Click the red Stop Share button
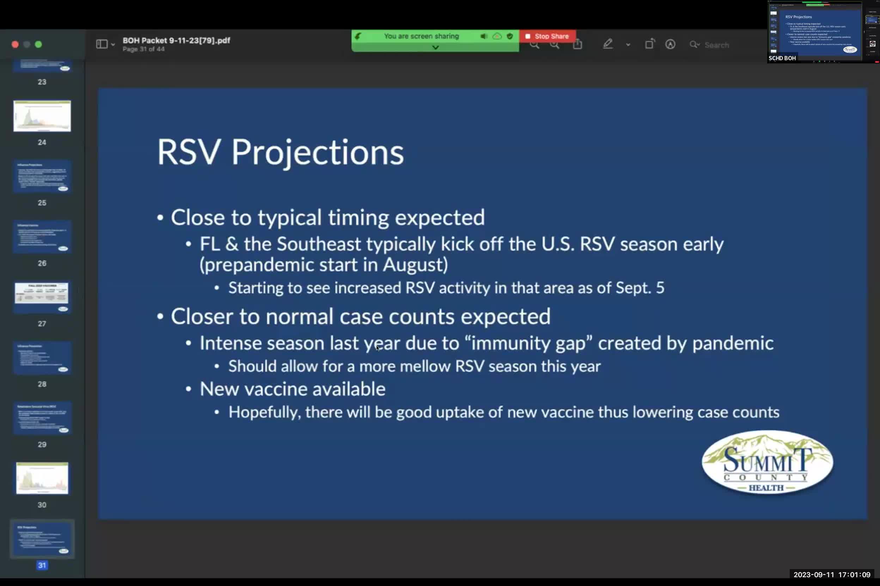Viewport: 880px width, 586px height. pyautogui.click(x=547, y=36)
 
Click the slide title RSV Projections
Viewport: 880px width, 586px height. pyautogui.click(x=280, y=152)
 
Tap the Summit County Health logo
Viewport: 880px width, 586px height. pyautogui.click(x=767, y=463)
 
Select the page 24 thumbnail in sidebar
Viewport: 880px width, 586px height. pyautogui.click(x=42, y=116)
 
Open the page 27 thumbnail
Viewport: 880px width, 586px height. pyautogui.click(x=42, y=297)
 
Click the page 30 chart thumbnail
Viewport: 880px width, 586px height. pyautogui.click(x=42, y=478)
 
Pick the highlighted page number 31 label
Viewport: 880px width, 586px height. pyautogui.click(x=42, y=565)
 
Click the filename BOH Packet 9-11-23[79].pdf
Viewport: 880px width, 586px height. pyautogui.click(x=176, y=40)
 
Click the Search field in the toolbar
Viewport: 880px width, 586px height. pyautogui.click(x=716, y=45)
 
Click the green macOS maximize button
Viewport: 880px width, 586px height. pyautogui.click(x=38, y=44)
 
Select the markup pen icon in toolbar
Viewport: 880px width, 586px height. pyautogui.click(x=607, y=44)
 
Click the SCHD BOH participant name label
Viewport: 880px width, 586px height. pyautogui.click(x=782, y=58)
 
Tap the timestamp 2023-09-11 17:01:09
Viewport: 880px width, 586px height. pyautogui.click(x=832, y=574)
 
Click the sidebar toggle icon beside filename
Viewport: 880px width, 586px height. pyautogui.click(x=102, y=44)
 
